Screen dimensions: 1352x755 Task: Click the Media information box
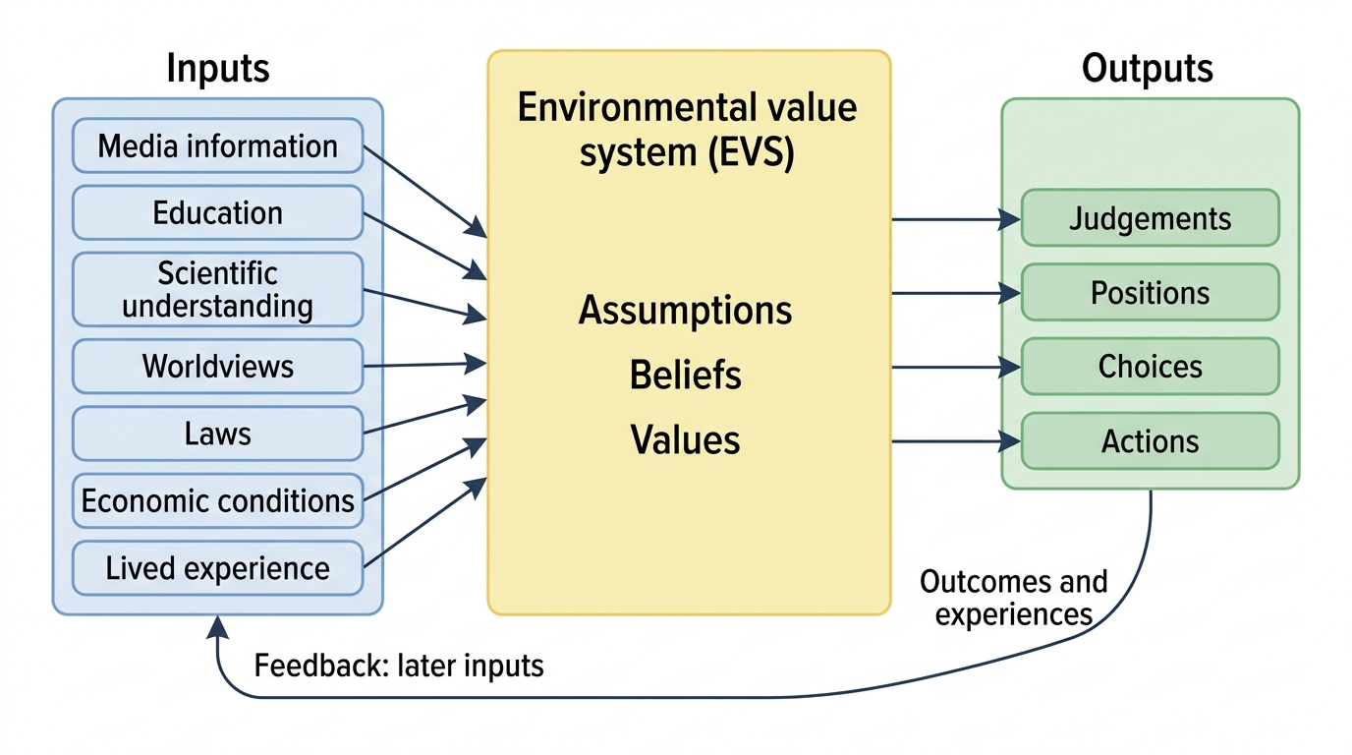217,145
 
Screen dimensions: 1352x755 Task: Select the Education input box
217,212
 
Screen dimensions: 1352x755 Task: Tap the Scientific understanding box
217,289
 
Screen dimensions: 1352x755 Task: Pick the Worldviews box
217,366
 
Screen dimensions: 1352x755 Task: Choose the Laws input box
217,434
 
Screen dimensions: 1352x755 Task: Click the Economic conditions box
217,500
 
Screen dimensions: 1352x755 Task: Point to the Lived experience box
217,568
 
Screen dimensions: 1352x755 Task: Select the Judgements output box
1150,218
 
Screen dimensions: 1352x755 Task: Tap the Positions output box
1150,292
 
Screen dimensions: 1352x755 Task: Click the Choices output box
1150,367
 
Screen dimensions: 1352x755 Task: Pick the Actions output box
1150,441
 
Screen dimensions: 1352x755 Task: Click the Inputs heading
218,68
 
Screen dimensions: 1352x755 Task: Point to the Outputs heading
1147,68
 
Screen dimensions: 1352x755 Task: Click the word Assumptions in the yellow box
685,311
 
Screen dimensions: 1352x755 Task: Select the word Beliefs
685,375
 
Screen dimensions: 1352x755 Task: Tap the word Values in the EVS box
685,439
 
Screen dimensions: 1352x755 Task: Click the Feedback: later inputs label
399,666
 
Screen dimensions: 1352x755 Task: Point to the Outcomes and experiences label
1014,598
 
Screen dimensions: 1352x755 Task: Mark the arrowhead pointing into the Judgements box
1010,219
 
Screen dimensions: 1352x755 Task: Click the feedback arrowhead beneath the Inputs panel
217,627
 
